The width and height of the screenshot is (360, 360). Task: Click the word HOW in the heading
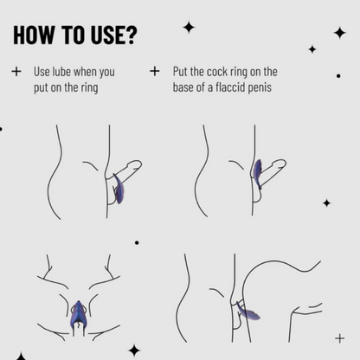click(x=34, y=35)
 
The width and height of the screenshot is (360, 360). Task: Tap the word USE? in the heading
click(x=113, y=35)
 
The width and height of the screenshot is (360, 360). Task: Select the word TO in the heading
click(x=74, y=35)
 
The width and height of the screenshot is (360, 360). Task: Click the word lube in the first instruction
click(x=61, y=72)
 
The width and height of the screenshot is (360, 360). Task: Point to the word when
click(x=85, y=72)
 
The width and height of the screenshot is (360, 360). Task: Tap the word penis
click(x=262, y=87)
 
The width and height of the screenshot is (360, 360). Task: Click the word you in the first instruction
click(x=107, y=73)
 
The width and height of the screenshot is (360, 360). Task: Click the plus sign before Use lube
click(x=16, y=71)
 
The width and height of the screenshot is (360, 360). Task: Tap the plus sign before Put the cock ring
click(x=155, y=71)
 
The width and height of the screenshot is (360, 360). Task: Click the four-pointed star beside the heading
click(x=189, y=28)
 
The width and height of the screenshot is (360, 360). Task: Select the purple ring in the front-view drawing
click(x=78, y=314)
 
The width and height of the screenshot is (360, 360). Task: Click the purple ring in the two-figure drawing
click(x=247, y=312)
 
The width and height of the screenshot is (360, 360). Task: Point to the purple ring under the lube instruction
click(x=119, y=189)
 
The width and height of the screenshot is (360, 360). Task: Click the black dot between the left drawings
click(x=137, y=242)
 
